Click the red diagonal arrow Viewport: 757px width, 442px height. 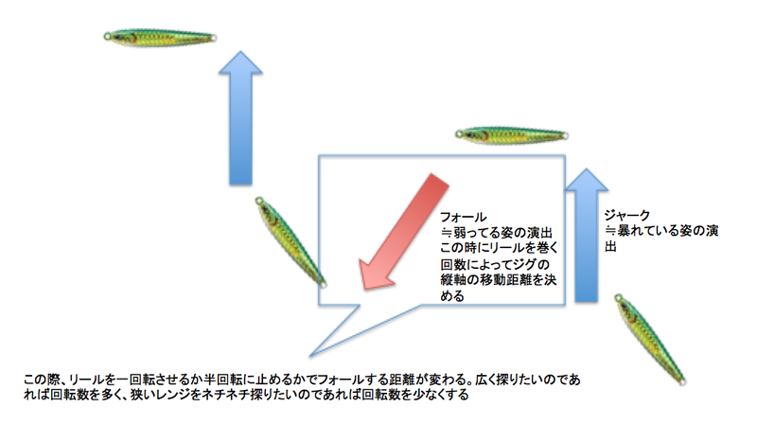(x=405, y=231)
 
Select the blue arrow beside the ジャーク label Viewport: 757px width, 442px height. (x=586, y=236)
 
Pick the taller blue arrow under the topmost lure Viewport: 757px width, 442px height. (x=240, y=118)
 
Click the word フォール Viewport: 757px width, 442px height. (x=463, y=217)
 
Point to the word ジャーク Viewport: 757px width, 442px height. (x=627, y=215)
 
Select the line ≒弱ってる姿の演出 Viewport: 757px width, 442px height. (x=496, y=233)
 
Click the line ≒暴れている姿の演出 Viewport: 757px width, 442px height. (x=661, y=231)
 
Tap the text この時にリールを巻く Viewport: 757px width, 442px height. (x=500, y=248)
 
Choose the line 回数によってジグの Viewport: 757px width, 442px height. (x=495, y=265)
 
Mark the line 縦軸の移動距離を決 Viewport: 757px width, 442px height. (x=499, y=280)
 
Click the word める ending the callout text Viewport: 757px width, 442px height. (x=452, y=296)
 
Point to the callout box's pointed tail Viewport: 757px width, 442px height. (x=310, y=357)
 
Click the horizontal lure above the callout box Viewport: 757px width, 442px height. (x=511, y=135)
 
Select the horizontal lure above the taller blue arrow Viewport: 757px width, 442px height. (x=160, y=37)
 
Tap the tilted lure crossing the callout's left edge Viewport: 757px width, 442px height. (x=290, y=242)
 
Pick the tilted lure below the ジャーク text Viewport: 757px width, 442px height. (x=650, y=339)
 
